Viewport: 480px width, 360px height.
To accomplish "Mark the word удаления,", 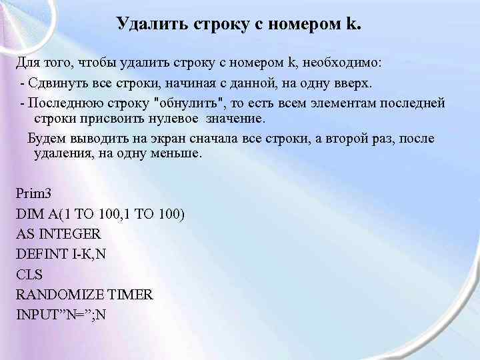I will coord(63,153).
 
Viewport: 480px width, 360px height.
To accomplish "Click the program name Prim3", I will coord(33,193).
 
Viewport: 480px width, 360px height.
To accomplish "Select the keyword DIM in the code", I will coord(29,214).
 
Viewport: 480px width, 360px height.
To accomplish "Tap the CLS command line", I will coord(29,274).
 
